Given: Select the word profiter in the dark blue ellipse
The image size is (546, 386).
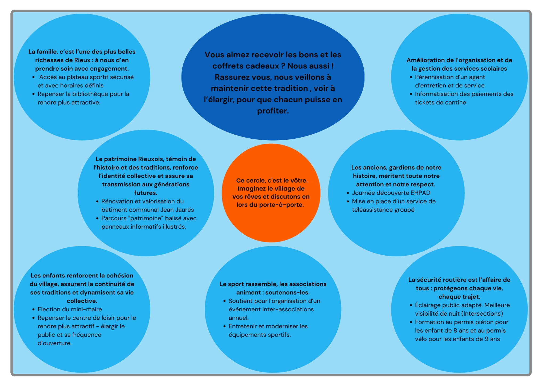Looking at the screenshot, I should (272, 111).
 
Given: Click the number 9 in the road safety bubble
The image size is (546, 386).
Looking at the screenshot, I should (487, 339).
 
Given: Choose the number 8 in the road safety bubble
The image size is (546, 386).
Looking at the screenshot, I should (455, 331).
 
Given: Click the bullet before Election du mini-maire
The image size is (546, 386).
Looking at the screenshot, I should (33, 310).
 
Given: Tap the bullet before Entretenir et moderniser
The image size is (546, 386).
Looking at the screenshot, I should (224, 327).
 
